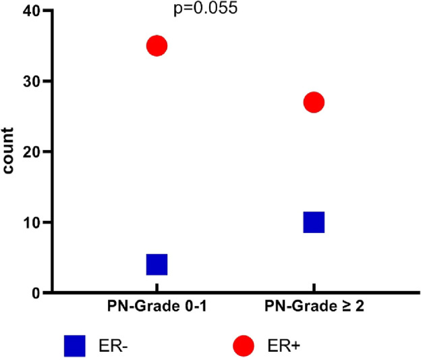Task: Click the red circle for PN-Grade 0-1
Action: (x=157, y=46)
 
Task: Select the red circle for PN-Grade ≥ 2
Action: (x=314, y=103)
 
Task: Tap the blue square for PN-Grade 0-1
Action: (x=157, y=264)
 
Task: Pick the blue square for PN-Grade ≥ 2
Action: (x=314, y=222)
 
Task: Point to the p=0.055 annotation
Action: (x=205, y=10)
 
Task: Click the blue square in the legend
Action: (x=74, y=346)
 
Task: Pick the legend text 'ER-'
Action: (x=116, y=346)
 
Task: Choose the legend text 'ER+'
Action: (x=283, y=346)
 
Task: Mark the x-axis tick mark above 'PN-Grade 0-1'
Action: (x=157, y=297)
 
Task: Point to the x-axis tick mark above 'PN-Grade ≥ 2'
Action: (x=314, y=297)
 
